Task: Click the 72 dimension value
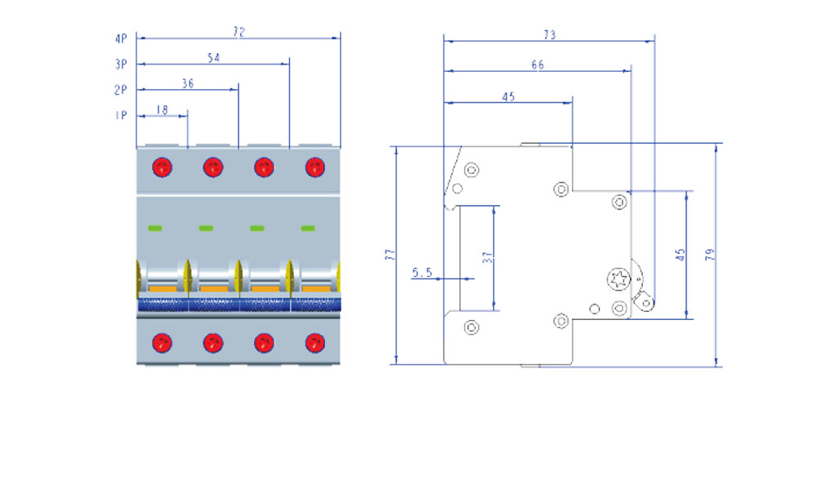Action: (x=239, y=32)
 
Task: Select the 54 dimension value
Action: (x=213, y=57)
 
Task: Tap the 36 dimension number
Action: (x=188, y=83)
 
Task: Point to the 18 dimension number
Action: (x=162, y=109)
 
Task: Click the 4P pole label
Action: (x=121, y=38)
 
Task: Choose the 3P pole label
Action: (x=121, y=64)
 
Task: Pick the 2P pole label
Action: (x=120, y=90)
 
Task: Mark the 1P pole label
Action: (x=121, y=115)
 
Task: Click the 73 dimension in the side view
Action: (x=550, y=35)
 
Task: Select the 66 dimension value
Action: (x=538, y=65)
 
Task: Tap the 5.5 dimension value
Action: (x=422, y=272)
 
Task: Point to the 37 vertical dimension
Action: (x=488, y=257)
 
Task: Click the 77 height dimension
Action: (x=391, y=255)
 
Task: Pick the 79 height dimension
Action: (x=710, y=254)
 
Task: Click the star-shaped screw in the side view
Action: (x=618, y=279)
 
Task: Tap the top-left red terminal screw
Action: (x=162, y=167)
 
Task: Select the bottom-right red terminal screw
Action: (x=315, y=343)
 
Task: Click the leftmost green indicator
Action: (x=154, y=228)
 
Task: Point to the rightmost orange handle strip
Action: (x=315, y=288)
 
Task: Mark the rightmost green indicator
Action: (x=308, y=228)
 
